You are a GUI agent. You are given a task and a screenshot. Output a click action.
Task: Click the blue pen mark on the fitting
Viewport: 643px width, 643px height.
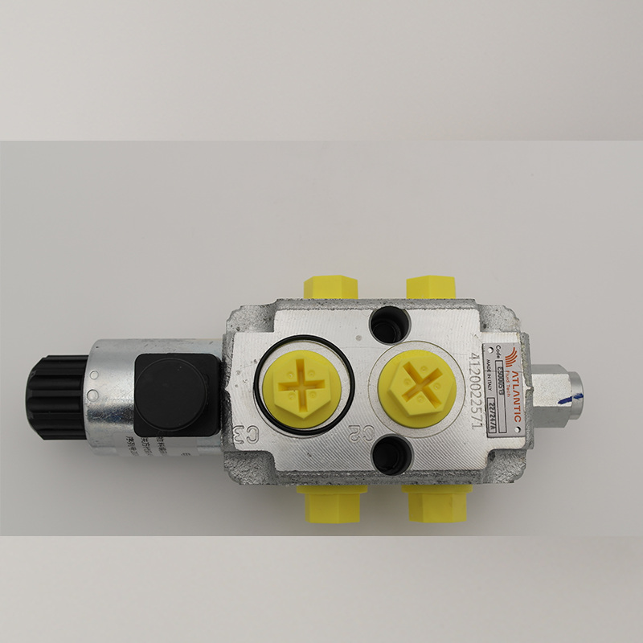point(572,391)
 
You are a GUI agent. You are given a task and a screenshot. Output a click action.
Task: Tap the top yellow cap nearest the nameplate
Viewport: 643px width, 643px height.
point(430,287)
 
